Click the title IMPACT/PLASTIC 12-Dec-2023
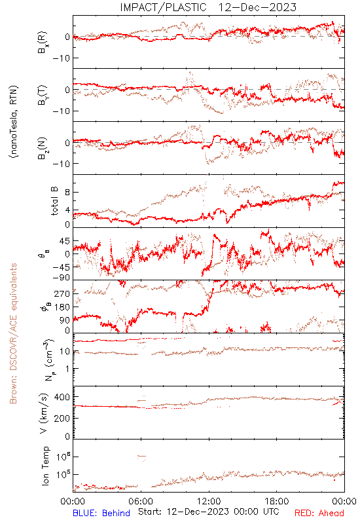pos(208,7)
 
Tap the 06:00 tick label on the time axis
pos(141,501)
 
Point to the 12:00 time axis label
pos(209,501)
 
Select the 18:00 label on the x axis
pos(277,501)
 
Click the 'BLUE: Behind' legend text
pos(101,513)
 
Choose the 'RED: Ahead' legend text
pos(319,513)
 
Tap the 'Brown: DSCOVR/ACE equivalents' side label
pos(13,333)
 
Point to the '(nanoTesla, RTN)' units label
pos(14,121)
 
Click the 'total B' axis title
pos(54,201)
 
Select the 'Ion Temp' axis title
pos(45,466)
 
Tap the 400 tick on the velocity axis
pos(62,398)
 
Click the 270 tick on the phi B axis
pos(62,293)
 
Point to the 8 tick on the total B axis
pos(67,192)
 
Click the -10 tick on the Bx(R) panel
pos(61,58)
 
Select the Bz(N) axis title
pos(43,148)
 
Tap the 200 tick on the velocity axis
pos(62,418)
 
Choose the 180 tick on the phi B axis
pos(62,307)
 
